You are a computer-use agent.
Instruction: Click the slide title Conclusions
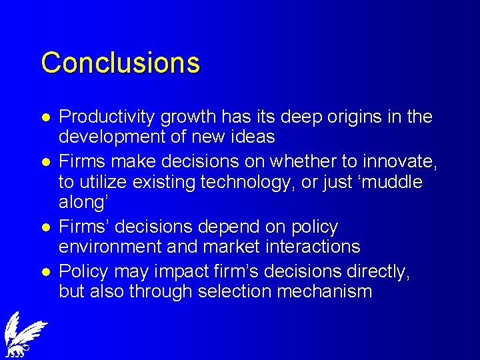pyautogui.click(x=120, y=63)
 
